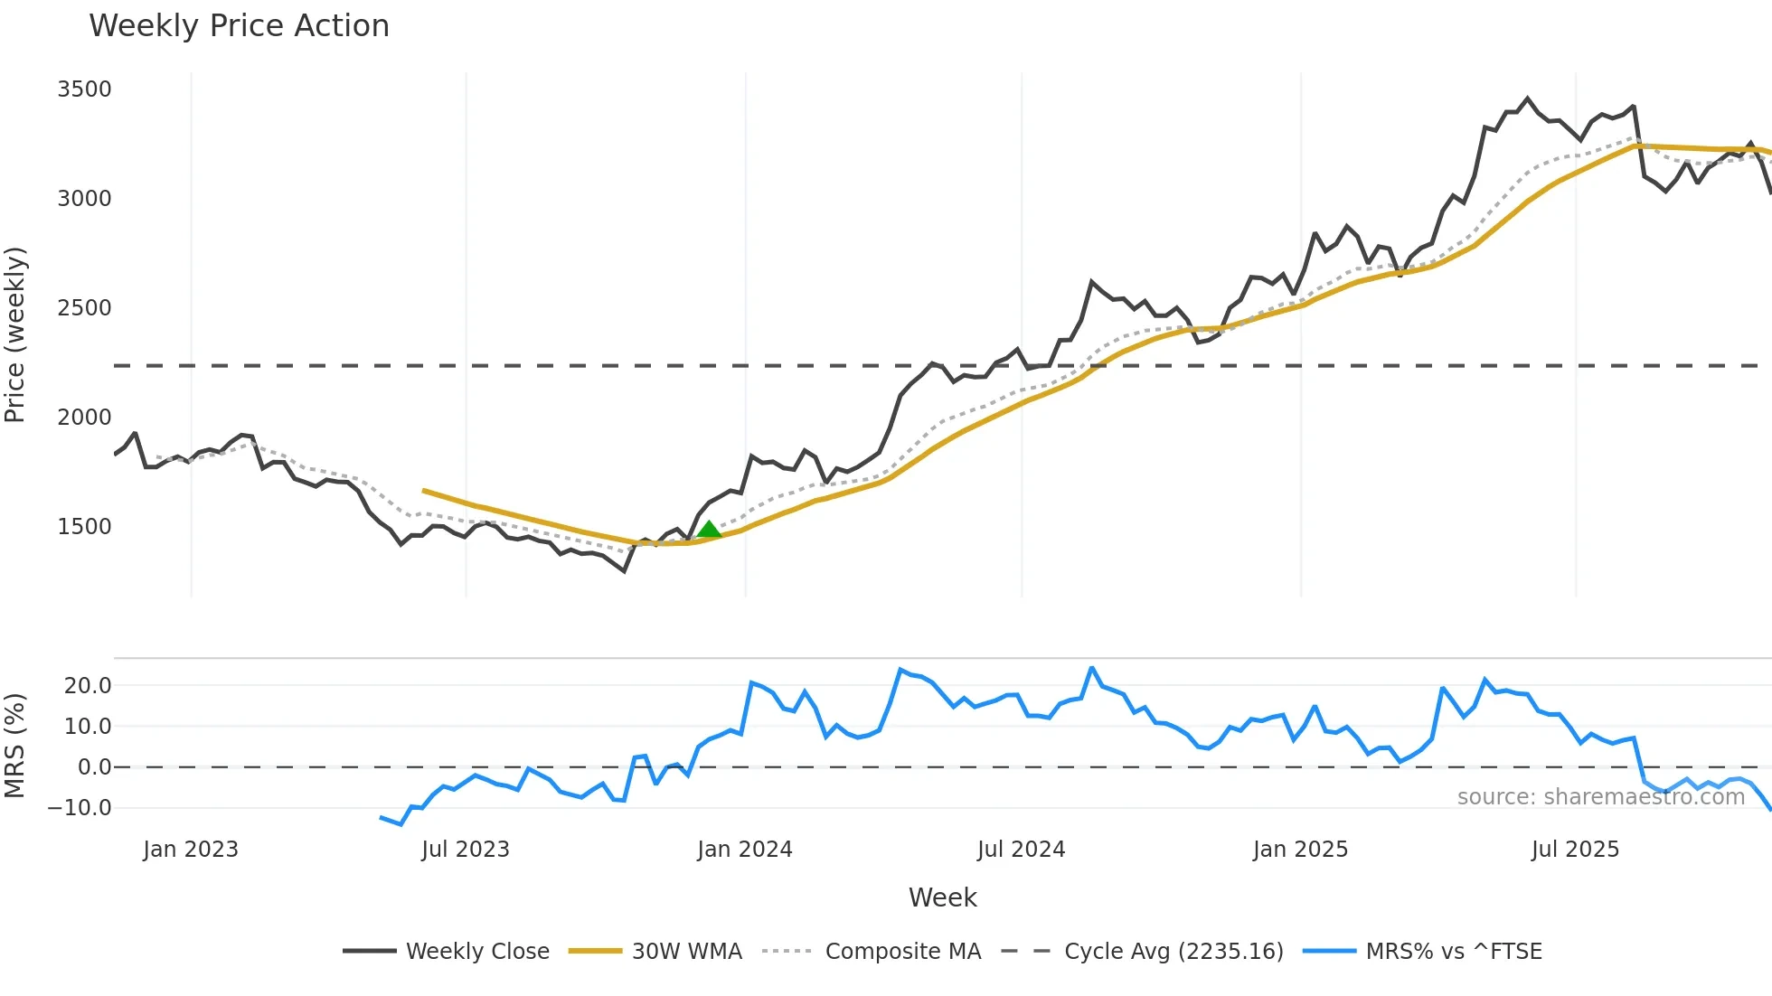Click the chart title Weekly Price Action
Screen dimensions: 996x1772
coord(239,26)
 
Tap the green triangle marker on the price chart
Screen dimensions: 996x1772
coord(710,530)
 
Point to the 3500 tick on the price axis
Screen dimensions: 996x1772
coord(84,89)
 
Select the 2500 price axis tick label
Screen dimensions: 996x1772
coord(84,308)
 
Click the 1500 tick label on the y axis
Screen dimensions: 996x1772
coord(84,527)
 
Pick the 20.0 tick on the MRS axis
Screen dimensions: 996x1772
coord(88,686)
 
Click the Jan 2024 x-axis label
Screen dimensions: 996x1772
coord(744,850)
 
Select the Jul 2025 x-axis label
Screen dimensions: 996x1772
coord(1575,850)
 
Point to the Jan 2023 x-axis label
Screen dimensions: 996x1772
coord(191,850)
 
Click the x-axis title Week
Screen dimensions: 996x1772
coord(942,897)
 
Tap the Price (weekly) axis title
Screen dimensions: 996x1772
coord(15,334)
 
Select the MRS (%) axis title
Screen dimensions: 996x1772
coord(15,746)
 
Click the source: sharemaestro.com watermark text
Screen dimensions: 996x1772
coord(1600,797)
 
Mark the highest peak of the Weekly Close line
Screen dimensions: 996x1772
coord(1528,99)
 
